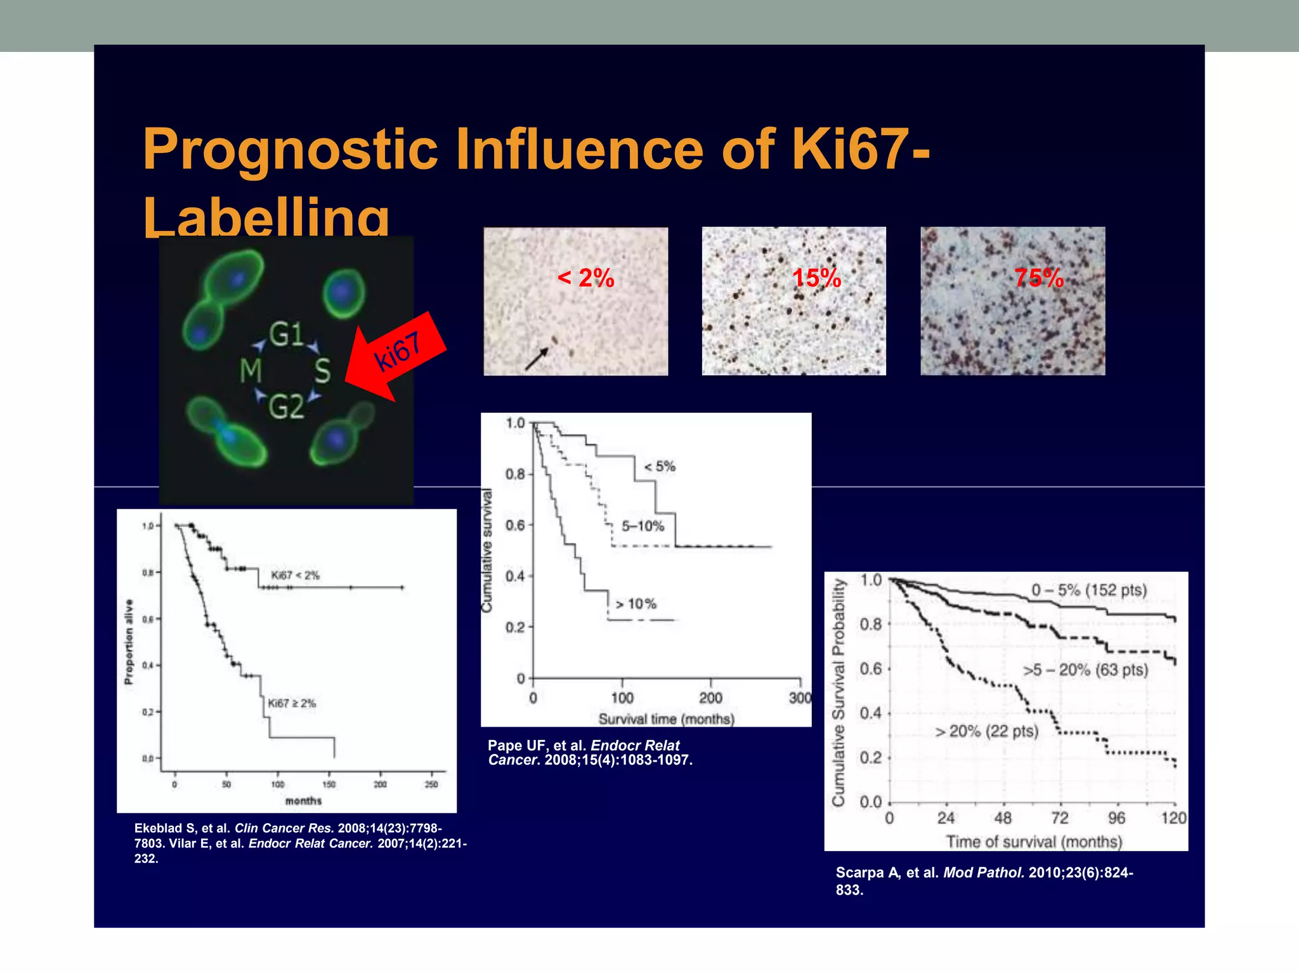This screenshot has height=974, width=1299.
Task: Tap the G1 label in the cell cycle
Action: tap(286, 334)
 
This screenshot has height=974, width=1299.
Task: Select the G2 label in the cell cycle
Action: tap(286, 406)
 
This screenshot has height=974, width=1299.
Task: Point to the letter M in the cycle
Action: tap(251, 370)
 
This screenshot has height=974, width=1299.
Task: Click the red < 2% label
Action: tap(585, 278)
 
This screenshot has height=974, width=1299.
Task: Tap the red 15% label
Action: tap(816, 278)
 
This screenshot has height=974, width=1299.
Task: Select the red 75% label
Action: tap(1038, 278)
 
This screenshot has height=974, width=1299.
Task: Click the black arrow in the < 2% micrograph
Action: tap(537, 358)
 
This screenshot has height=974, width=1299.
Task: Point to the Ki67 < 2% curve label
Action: tap(295, 575)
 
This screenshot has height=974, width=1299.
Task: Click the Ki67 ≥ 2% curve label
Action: tap(291, 703)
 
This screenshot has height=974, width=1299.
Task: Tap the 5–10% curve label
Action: tap(643, 526)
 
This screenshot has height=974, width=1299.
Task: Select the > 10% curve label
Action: tap(636, 604)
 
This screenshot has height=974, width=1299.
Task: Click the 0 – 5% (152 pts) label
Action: tap(1088, 590)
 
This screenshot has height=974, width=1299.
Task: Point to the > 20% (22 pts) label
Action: tap(987, 731)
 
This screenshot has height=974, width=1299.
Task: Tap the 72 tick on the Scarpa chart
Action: tap(1059, 818)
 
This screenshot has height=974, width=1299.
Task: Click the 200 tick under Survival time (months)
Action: tap(710, 698)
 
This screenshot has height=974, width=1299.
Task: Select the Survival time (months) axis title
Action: tap(666, 719)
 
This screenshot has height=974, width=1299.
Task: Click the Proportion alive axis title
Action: tap(129, 642)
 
